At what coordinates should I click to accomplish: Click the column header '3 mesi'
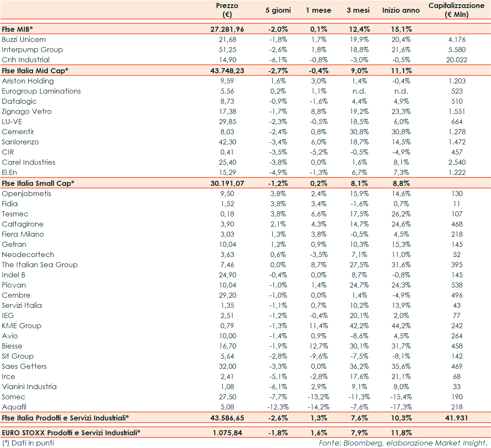click(x=358, y=10)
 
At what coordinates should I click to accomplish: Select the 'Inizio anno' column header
click(x=401, y=10)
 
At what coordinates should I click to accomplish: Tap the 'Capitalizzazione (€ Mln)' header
click(x=456, y=10)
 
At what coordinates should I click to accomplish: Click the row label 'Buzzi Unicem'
click(x=24, y=39)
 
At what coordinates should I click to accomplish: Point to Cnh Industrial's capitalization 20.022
click(x=457, y=60)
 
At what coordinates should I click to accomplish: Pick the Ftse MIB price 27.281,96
click(x=227, y=29)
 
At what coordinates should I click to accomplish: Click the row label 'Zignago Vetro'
click(x=27, y=111)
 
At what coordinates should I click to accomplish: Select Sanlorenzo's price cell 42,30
click(x=227, y=142)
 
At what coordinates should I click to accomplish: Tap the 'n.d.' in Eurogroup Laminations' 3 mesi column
click(x=359, y=91)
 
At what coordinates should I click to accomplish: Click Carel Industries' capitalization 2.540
click(x=457, y=162)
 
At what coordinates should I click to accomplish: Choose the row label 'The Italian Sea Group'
click(x=40, y=265)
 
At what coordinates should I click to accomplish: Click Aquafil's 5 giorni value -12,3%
click(x=278, y=407)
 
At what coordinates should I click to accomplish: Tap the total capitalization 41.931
click(x=457, y=418)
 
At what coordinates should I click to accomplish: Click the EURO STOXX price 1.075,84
click(x=227, y=433)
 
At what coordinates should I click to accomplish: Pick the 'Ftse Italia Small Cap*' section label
click(x=38, y=183)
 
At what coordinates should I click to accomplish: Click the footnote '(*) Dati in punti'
click(x=28, y=443)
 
